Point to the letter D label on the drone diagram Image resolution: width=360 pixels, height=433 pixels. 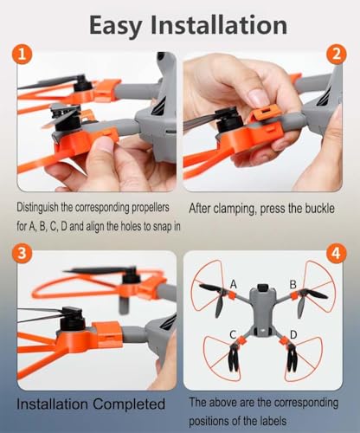tap(294, 334)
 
